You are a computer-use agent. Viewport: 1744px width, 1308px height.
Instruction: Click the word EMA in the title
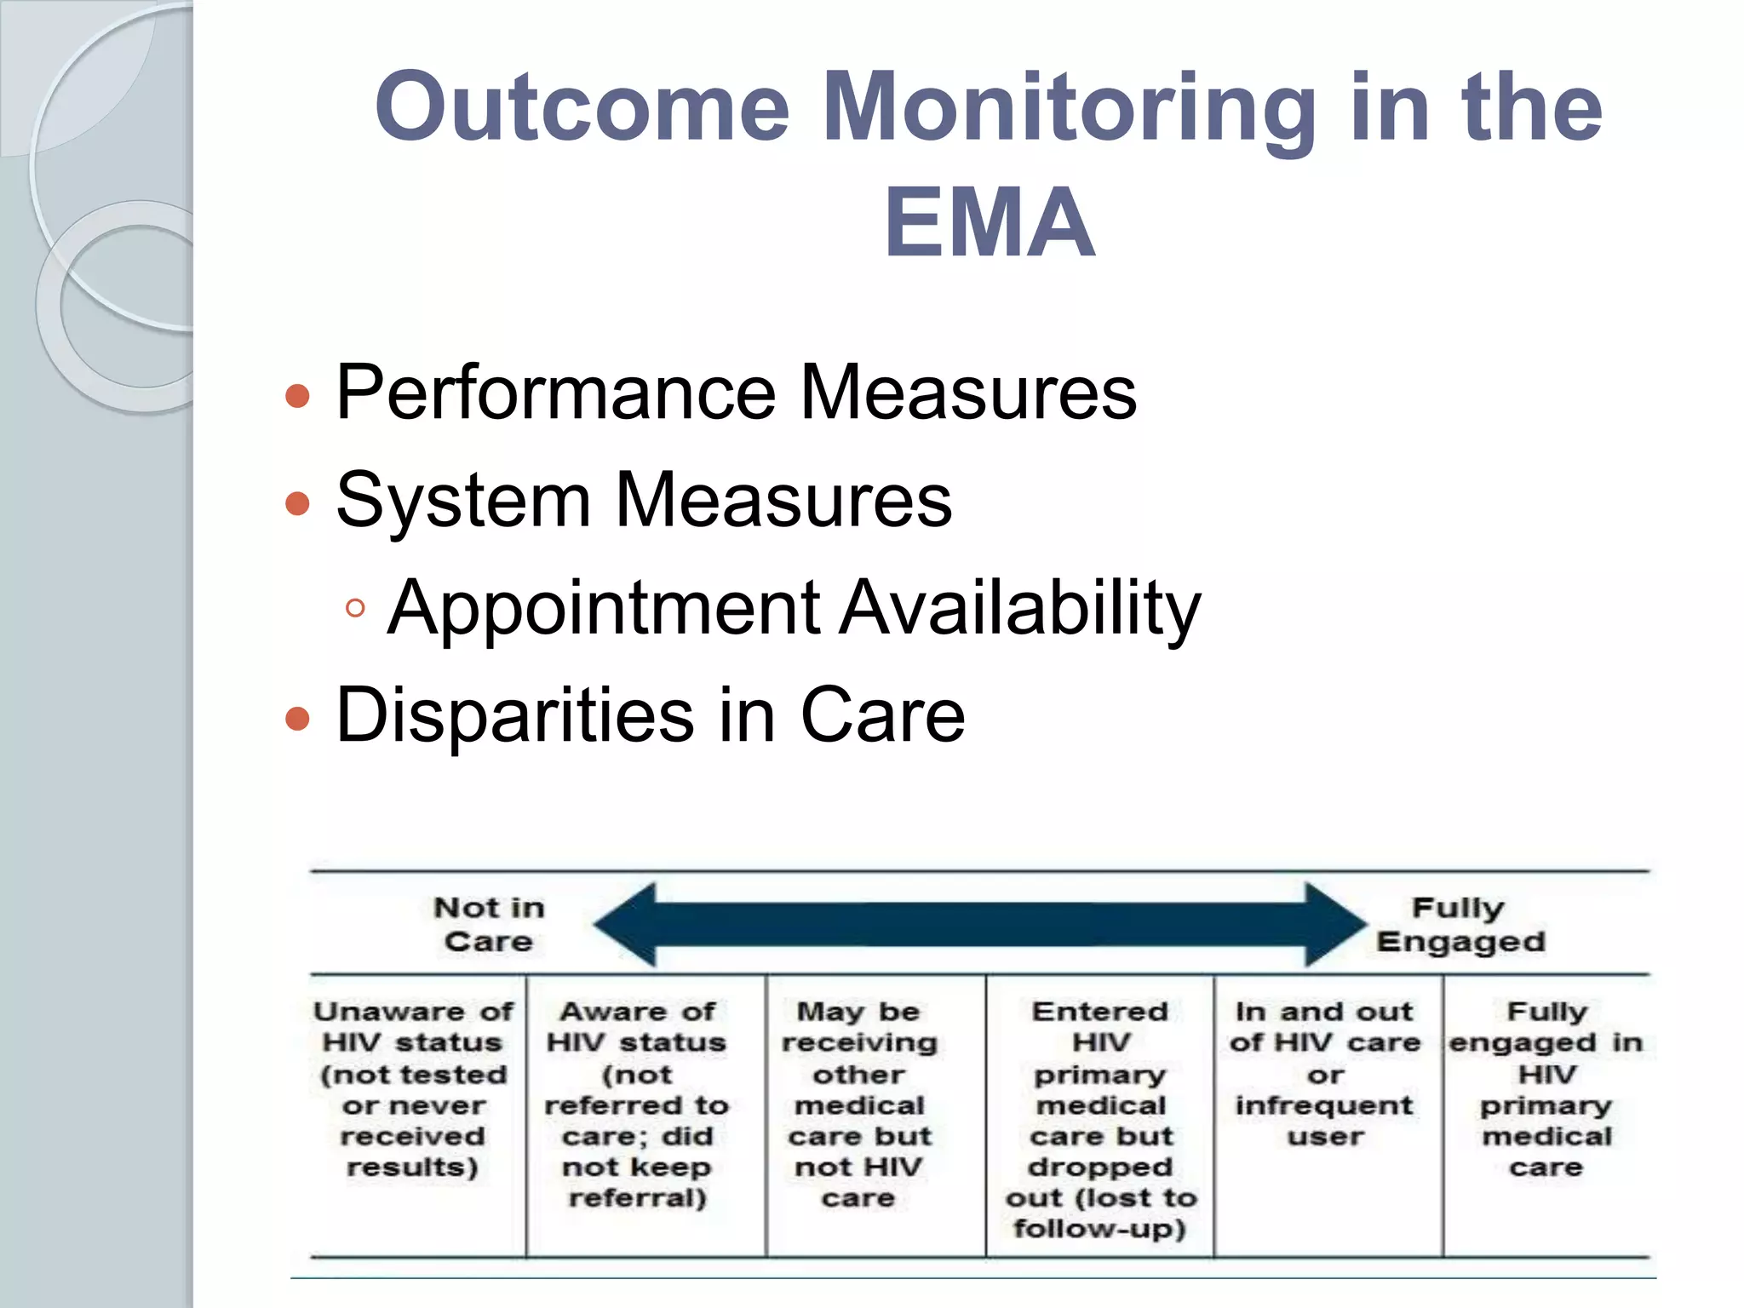click(x=989, y=223)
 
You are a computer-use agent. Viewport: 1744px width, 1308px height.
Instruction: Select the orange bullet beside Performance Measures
click(x=297, y=396)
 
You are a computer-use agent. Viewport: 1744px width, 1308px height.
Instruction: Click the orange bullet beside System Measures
click(x=297, y=503)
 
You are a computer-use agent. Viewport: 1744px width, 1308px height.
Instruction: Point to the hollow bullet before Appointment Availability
click(x=356, y=609)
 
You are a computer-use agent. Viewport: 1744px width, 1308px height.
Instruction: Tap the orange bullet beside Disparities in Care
click(x=297, y=719)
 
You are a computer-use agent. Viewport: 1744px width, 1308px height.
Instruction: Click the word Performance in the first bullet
click(x=555, y=393)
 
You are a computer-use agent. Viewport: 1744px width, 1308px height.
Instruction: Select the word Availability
click(x=1019, y=608)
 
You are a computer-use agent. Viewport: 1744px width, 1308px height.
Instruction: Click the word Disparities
click(x=514, y=715)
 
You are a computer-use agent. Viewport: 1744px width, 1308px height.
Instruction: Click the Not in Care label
click(x=489, y=925)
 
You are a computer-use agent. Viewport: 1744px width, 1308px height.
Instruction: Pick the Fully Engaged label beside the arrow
click(x=1460, y=925)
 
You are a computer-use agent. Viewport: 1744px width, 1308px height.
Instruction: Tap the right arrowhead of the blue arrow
click(x=1333, y=925)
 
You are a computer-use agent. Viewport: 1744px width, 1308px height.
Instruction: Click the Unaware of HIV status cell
click(x=413, y=1089)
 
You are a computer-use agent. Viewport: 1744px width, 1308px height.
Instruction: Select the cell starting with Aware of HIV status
click(x=637, y=1104)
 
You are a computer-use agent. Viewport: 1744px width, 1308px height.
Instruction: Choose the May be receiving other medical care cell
click(x=859, y=1104)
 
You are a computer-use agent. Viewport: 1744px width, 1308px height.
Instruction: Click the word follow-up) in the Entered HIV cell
click(x=1100, y=1229)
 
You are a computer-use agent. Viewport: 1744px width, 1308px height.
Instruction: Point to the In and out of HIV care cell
click(x=1325, y=1074)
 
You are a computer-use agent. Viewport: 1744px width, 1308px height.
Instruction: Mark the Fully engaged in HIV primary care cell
click(x=1546, y=1089)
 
